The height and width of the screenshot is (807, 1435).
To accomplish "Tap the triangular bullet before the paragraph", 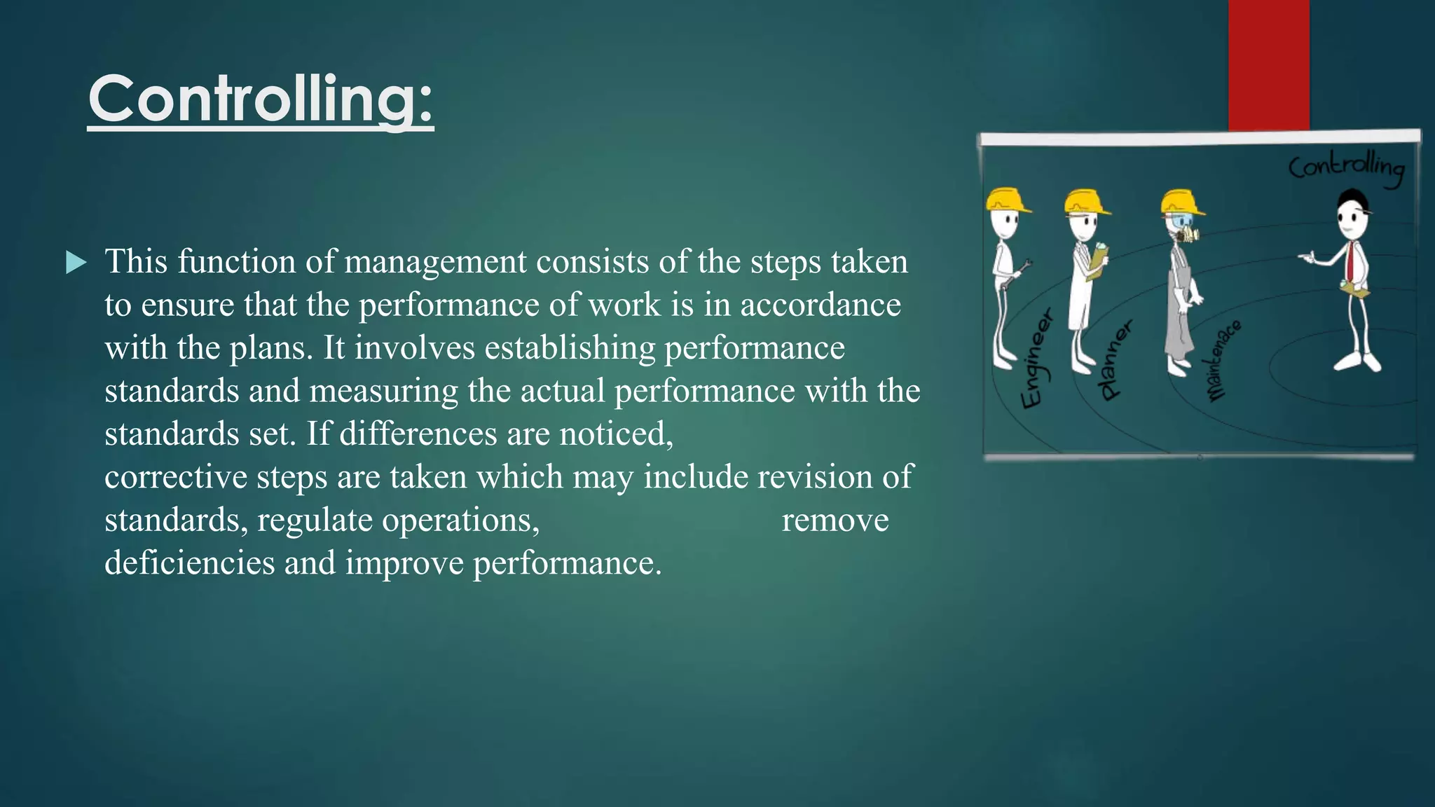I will pyautogui.click(x=76, y=263).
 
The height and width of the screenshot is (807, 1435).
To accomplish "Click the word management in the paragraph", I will pyautogui.click(x=435, y=262).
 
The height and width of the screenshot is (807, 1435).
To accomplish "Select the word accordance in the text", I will pyautogui.click(x=821, y=305).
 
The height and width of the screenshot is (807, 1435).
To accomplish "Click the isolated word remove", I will pyautogui.click(x=835, y=520).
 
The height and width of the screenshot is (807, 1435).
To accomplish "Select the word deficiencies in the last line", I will pyautogui.click(x=189, y=563).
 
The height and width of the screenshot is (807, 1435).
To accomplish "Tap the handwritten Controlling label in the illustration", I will pyautogui.click(x=1346, y=168).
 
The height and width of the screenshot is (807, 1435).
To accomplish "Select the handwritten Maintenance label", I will pyautogui.click(x=1223, y=361).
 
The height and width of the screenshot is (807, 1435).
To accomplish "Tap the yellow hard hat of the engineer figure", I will pyautogui.click(x=1007, y=200).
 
